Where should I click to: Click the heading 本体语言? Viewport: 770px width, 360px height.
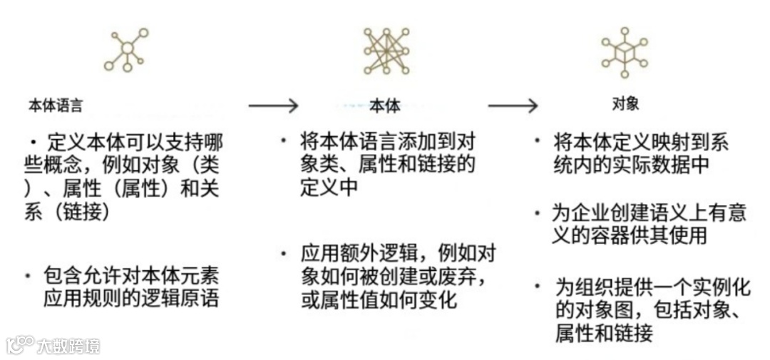[55, 106]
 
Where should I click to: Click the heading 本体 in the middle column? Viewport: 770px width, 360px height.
[385, 107]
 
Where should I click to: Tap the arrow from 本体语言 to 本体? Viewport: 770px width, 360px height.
[272, 106]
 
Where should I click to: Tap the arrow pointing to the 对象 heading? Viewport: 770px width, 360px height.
[512, 106]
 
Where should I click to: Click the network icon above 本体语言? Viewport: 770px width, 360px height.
[126, 49]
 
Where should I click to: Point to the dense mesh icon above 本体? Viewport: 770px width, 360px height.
[386, 50]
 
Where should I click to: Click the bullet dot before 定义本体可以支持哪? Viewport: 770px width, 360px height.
[33, 142]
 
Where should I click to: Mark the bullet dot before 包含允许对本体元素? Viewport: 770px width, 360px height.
[29, 274]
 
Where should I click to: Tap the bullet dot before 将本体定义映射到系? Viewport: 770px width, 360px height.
[538, 140]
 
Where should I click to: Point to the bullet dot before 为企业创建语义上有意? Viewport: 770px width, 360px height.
[538, 212]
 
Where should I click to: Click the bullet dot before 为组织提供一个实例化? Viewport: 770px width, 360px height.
[538, 287]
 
